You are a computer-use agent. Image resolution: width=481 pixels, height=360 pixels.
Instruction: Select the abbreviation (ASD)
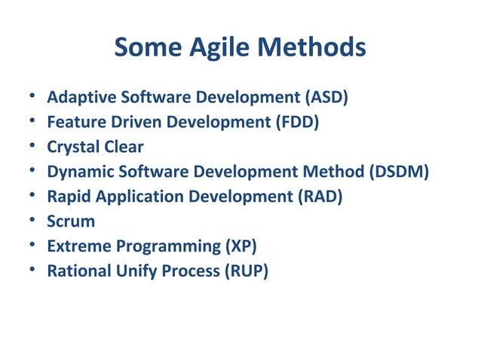point(326,98)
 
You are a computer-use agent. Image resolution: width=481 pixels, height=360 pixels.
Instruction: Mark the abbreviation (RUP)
point(246,271)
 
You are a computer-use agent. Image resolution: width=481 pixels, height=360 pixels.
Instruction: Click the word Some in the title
point(144,49)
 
